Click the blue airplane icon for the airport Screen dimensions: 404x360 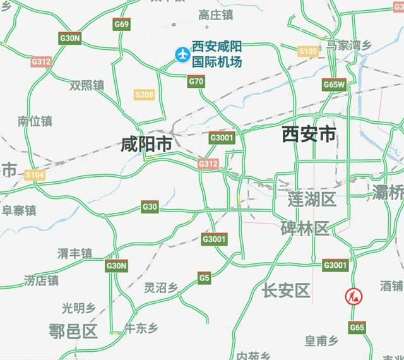[183, 55]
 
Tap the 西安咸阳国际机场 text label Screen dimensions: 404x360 [218, 55]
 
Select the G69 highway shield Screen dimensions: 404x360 [122, 25]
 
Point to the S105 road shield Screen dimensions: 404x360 [308, 51]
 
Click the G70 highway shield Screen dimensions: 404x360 [196, 81]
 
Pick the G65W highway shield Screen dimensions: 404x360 [334, 84]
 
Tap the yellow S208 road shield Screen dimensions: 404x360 [145, 95]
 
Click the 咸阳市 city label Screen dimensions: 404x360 [146, 145]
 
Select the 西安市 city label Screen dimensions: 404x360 [309, 135]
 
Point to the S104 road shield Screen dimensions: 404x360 [35, 174]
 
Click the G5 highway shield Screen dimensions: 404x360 [204, 277]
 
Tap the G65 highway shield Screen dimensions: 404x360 [357, 327]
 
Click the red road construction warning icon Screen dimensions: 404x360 [352, 295]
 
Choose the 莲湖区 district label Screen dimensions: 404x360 [312, 200]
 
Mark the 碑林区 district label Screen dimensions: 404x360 [305, 228]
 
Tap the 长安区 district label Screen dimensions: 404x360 [286, 291]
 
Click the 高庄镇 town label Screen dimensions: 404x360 [215, 15]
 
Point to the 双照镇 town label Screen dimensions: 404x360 [87, 85]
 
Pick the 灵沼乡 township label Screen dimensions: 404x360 [161, 288]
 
